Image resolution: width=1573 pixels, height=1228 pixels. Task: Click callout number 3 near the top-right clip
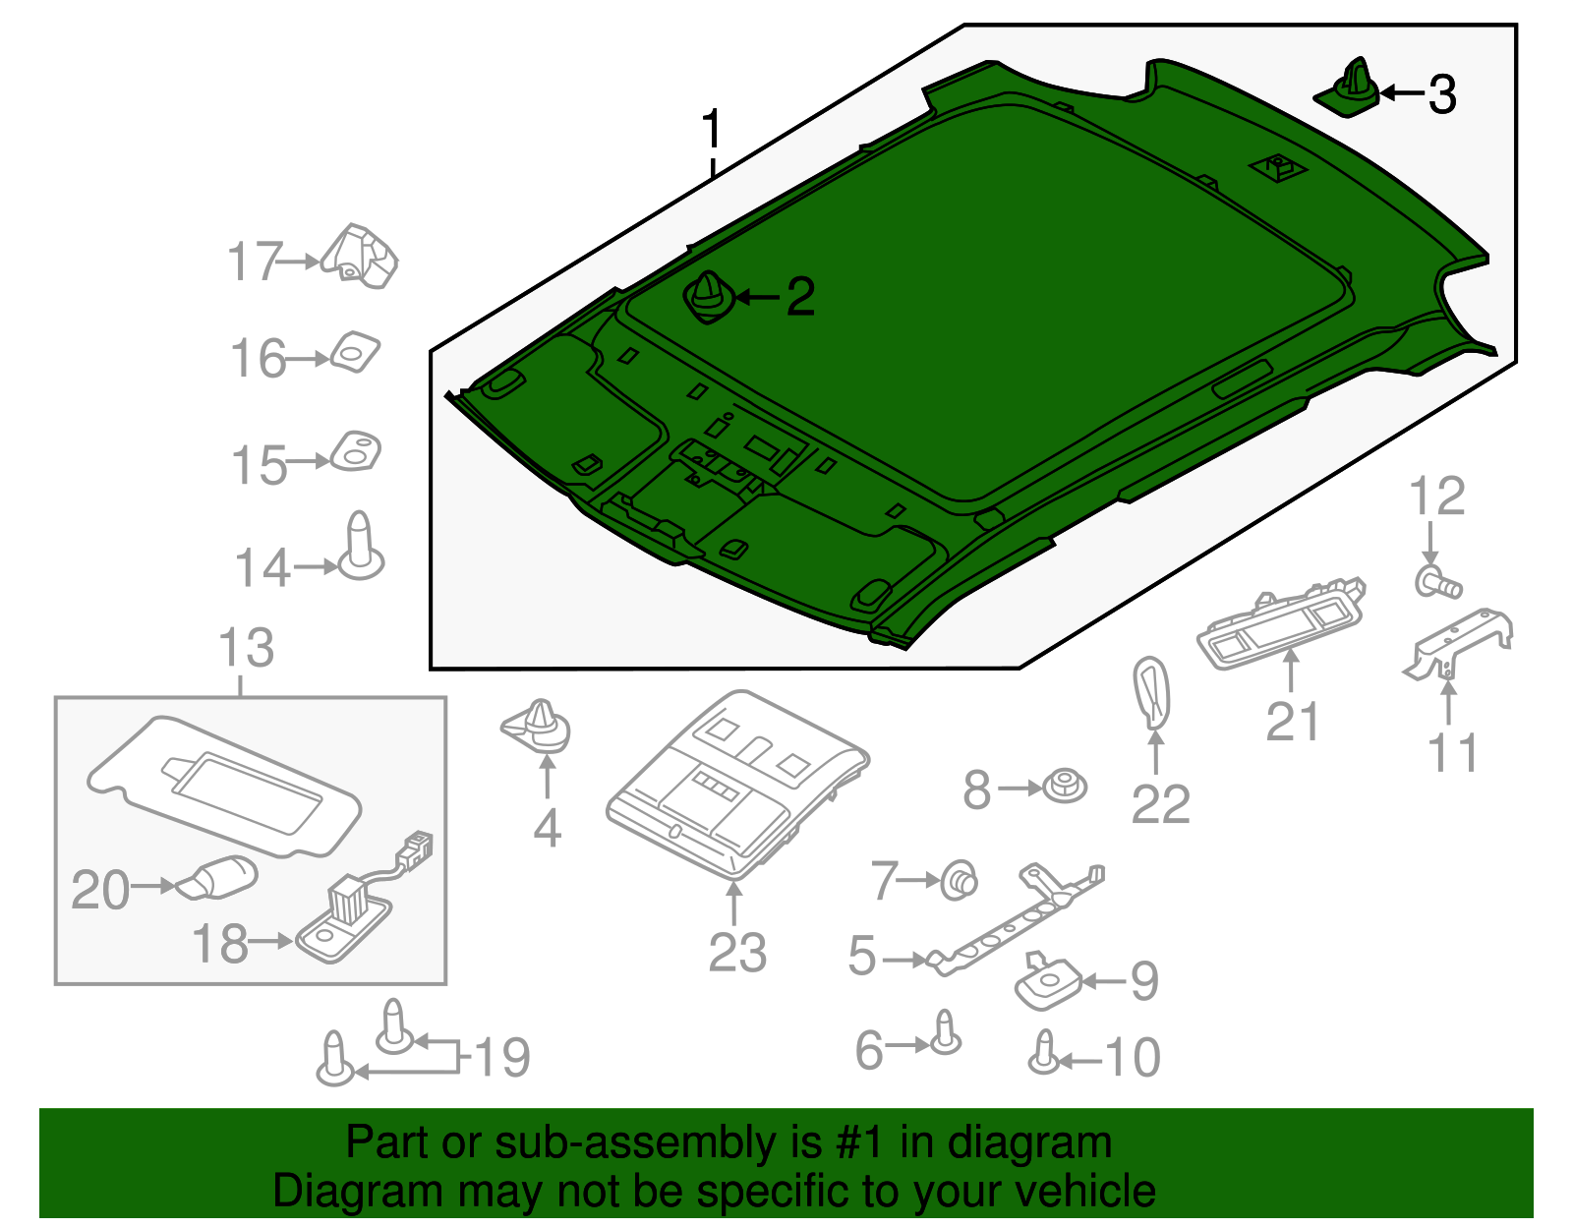(x=1441, y=94)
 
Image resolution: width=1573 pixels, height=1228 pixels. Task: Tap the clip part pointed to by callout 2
(x=707, y=298)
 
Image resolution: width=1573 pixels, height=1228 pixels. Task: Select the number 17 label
(x=255, y=263)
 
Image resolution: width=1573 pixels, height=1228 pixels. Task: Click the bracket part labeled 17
(x=361, y=257)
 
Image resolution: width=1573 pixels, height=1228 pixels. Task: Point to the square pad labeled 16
(x=355, y=352)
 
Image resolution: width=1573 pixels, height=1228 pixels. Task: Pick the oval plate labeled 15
(x=355, y=451)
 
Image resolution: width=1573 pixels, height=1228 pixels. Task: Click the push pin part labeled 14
(x=360, y=548)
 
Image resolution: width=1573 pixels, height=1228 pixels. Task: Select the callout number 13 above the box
(x=246, y=649)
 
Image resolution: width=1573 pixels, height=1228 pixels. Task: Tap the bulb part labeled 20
(x=218, y=878)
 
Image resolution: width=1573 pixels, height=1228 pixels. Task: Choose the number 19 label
(x=502, y=1058)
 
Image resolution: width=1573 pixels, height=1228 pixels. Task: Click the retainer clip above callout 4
(x=538, y=727)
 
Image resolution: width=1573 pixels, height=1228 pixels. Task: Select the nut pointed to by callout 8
(x=1064, y=787)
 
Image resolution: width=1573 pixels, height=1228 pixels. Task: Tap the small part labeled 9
(x=1046, y=983)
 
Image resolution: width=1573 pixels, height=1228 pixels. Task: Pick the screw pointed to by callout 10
(x=1044, y=1054)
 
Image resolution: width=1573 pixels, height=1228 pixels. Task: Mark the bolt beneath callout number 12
(x=1438, y=583)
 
